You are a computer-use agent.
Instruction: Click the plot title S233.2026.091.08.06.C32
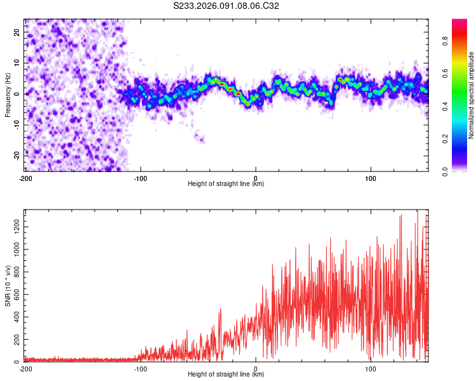point(227,6)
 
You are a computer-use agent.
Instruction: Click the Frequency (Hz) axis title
point(8,94)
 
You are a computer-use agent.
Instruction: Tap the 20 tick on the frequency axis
point(17,32)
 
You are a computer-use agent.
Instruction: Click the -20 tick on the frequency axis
point(16,156)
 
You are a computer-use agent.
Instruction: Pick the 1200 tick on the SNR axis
point(13,227)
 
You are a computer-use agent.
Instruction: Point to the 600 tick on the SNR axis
point(15,295)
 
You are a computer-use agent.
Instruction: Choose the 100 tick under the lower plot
point(371,369)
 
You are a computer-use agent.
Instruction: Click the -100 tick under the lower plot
point(140,369)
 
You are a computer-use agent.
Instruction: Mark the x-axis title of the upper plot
point(226,184)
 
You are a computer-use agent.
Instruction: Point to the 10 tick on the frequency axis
point(17,63)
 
